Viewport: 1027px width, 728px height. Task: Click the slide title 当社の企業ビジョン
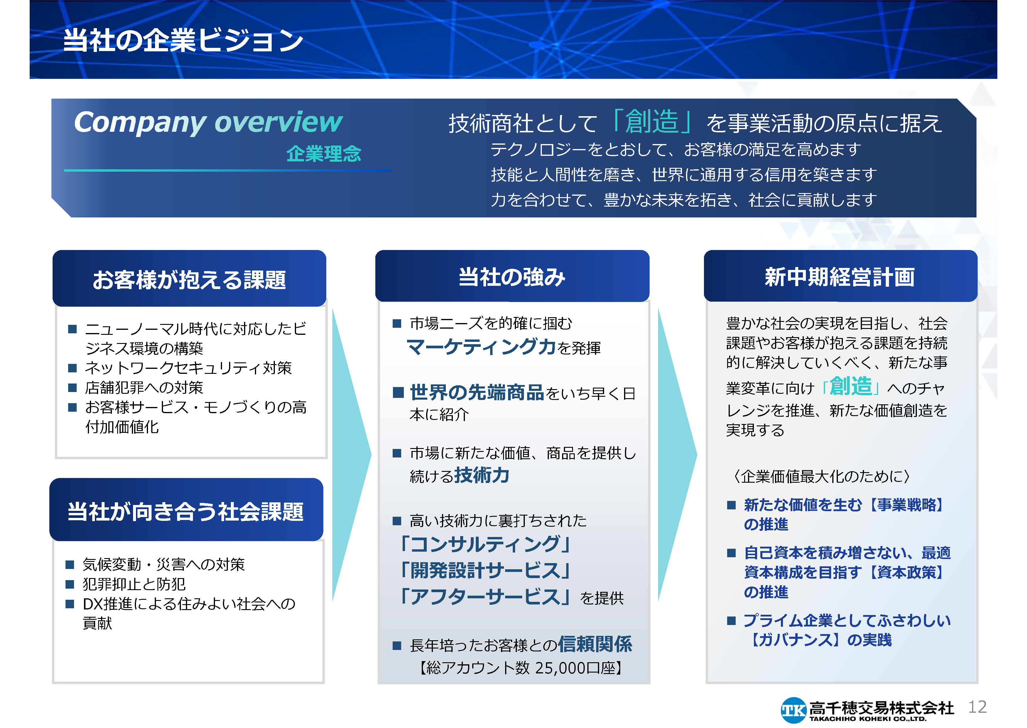click(x=183, y=40)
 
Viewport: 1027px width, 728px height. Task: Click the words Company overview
click(x=208, y=122)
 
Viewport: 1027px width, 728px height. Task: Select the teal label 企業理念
click(x=324, y=154)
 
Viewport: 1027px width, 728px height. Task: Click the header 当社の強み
click(x=512, y=277)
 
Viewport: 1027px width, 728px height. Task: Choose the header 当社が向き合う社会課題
click(x=185, y=511)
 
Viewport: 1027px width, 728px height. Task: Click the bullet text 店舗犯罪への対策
click(x=144, y=388)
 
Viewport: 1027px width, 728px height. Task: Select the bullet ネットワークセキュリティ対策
click(x=189, y=368)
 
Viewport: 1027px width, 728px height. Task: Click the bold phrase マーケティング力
click(x=481, y=347)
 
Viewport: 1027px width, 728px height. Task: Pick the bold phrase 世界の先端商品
click(x=477, y=392)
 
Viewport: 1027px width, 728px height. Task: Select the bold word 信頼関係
click(x=595, y=644)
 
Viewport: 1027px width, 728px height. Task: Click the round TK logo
click(x=793, y=710)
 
